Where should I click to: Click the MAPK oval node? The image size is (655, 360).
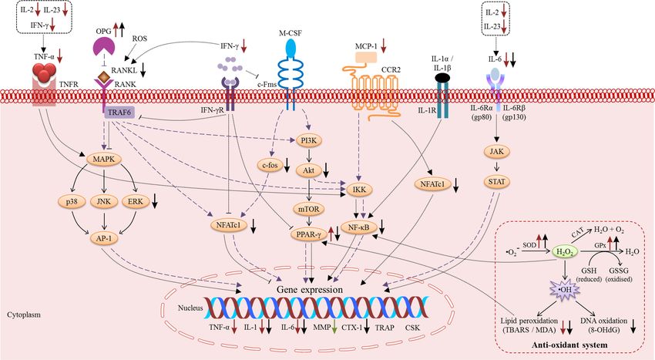(x=104, y=160)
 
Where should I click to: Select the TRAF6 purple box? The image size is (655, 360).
(x=119, y=113)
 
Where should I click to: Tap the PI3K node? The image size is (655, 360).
(x=309, y=140)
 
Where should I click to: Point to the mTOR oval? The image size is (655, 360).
(x=309, y=209)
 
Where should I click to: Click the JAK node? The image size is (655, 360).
(x=497, y=151)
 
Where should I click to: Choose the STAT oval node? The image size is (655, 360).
(x=497, y=182)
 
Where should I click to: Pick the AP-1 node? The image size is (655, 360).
(x=104, y=238)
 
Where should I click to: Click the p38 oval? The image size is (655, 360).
(x=72, y=201)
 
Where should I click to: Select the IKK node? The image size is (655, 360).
(x=359, y=190)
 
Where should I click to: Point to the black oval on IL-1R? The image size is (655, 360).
(x=442, y=77)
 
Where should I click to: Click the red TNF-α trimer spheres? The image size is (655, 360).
(x=44, y=72)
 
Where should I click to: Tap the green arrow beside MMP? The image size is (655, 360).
(x=334, y=328)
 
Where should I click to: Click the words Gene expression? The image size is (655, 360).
(x=310, y=290)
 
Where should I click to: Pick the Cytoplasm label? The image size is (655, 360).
(x=24, y=315)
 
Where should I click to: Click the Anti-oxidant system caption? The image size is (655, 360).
(x=569, y=345)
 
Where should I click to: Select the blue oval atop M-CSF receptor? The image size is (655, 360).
(x=291, y=48)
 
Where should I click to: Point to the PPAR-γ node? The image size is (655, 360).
(x=309, y=235)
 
